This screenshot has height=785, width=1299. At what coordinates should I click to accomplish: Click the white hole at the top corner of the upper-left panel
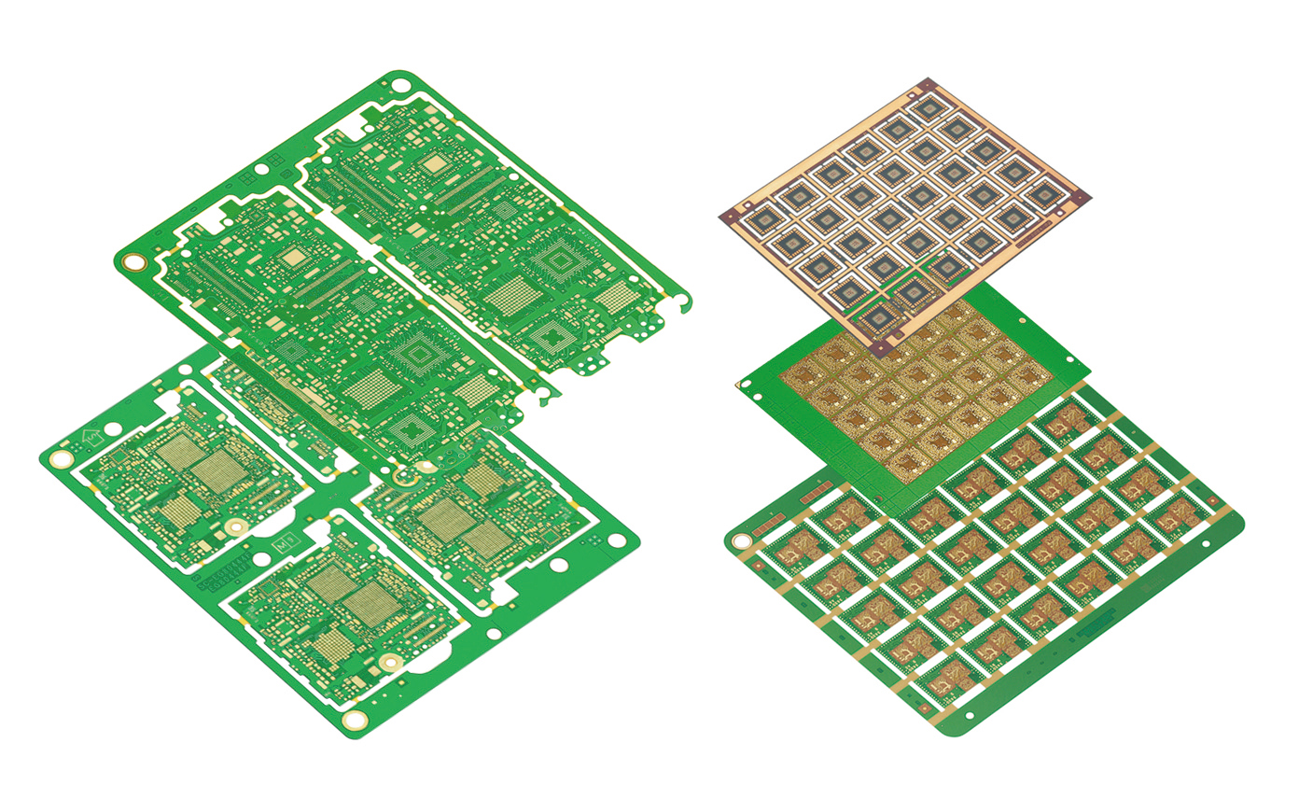coord(399,85)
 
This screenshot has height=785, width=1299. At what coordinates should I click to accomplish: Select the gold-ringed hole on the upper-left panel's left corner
coord(136,262)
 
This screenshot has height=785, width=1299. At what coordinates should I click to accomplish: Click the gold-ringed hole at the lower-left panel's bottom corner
coord(354,720)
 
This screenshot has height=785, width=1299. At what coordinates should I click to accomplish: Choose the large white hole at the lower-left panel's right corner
coord(617,540)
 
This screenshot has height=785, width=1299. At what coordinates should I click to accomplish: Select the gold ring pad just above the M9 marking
coord(236,528)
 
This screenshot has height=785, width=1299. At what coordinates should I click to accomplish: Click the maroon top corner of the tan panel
coord(927,84)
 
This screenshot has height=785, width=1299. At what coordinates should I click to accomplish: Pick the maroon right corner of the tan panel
coord(1082,196)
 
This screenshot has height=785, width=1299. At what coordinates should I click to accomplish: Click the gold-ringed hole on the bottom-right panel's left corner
coord(742,540)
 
